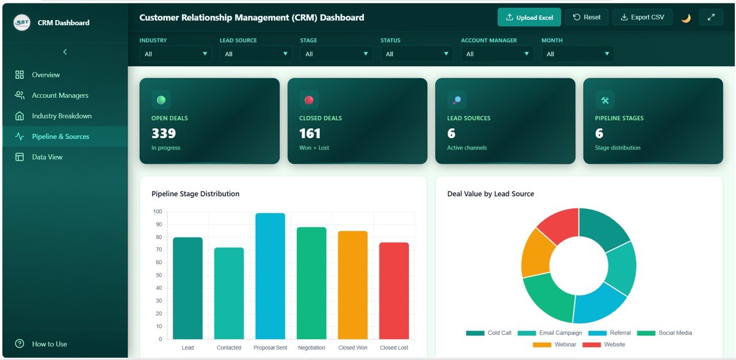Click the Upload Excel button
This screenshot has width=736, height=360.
528,17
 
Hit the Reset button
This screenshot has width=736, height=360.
586,17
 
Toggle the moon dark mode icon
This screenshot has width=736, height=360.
686,18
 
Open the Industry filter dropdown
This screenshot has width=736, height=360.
175,54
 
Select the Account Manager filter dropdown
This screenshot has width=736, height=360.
497,54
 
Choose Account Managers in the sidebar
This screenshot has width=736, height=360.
60,95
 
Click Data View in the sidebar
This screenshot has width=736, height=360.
47,157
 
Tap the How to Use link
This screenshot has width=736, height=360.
49,344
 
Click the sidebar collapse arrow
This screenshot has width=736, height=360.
64,52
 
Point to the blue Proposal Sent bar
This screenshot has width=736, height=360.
270,276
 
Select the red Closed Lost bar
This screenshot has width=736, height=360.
394,290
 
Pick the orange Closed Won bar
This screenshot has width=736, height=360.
352,285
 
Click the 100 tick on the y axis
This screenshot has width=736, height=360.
158,212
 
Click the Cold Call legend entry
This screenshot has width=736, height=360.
489,333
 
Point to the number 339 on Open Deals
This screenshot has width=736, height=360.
163,133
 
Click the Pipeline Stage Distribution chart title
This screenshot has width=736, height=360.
195,194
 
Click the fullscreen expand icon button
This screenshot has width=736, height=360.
711,17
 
